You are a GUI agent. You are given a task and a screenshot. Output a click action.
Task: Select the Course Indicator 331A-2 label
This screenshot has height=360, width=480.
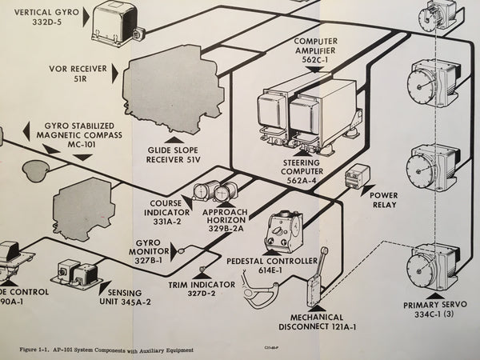[x=165, y=209]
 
